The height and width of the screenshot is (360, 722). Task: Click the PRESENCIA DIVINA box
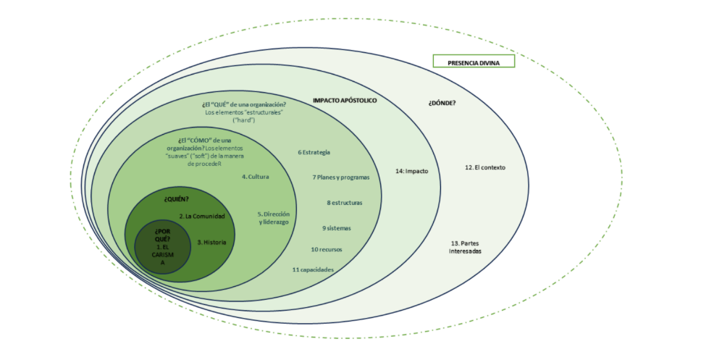point(473,62)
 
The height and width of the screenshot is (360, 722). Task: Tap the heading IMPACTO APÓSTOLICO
point(345,101)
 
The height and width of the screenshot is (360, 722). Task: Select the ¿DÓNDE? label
point(442,102)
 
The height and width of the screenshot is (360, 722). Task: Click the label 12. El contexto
point(484,167)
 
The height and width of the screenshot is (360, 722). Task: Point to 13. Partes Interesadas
point(466,247)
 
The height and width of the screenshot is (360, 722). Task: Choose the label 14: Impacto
point(412,172)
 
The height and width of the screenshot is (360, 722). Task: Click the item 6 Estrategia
point(314,152)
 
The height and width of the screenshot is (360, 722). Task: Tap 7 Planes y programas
point(341,177)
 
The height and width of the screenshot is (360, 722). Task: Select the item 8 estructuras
point(344,203)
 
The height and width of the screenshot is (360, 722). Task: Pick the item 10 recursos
point(327,249)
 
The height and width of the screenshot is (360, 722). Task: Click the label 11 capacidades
point(313,269)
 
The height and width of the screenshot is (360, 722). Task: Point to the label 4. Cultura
point(256,177)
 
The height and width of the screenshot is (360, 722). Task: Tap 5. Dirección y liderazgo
point(274,218)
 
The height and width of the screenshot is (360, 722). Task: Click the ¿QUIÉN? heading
point(176,198)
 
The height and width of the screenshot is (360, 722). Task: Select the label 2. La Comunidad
point(202,217)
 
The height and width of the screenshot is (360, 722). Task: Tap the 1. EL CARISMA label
point(163,254)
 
